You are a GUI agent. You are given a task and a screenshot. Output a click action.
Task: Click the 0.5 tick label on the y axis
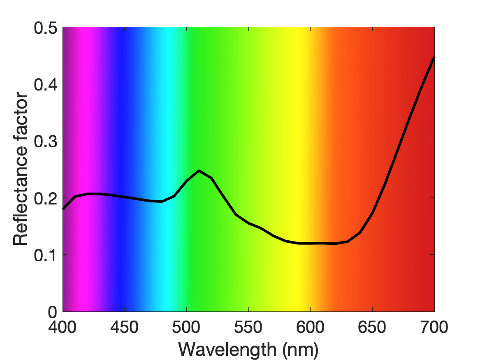[46, 28]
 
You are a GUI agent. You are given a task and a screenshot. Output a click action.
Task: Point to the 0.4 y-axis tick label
[46, 85]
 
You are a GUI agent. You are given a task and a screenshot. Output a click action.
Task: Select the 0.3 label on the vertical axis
[46, 142]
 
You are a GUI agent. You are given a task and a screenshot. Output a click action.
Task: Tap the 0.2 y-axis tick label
[46, 199]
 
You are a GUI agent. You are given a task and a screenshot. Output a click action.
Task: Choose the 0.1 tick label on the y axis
[46, 255]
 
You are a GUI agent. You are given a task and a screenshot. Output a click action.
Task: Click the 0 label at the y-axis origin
[53, 312]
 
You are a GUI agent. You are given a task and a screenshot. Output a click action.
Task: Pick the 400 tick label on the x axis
[63, 327]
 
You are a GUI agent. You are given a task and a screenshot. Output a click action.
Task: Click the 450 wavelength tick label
[124, 327]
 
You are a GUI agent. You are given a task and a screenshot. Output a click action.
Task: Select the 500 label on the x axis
[186, 327]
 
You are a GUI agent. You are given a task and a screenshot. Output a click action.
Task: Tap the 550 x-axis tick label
[248, 327]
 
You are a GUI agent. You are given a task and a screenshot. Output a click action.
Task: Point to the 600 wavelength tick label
[310, 327]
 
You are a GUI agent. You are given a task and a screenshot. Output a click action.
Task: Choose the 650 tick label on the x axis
[372, 327]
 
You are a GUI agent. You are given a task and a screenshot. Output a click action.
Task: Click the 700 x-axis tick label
[434, 327]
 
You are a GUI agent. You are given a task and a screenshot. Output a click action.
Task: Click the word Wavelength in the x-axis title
[227, 349]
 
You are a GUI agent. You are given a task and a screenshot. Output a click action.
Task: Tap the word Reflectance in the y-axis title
[21, 195]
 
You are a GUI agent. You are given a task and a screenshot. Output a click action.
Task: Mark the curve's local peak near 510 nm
[199, 171]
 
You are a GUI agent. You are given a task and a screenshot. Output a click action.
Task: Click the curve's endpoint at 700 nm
[434, 58]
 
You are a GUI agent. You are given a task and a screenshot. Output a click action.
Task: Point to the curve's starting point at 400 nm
[63, 209]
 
